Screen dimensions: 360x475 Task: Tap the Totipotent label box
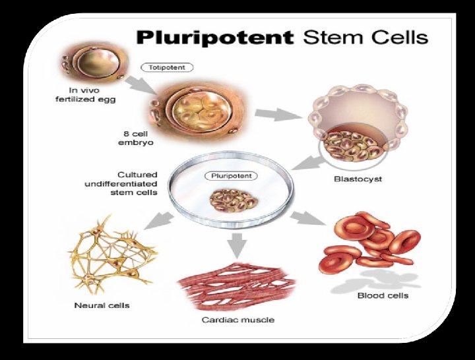167,67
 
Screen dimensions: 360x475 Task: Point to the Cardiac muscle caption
237,320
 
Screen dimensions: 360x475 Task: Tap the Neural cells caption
102,305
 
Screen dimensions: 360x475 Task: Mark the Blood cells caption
383,295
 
